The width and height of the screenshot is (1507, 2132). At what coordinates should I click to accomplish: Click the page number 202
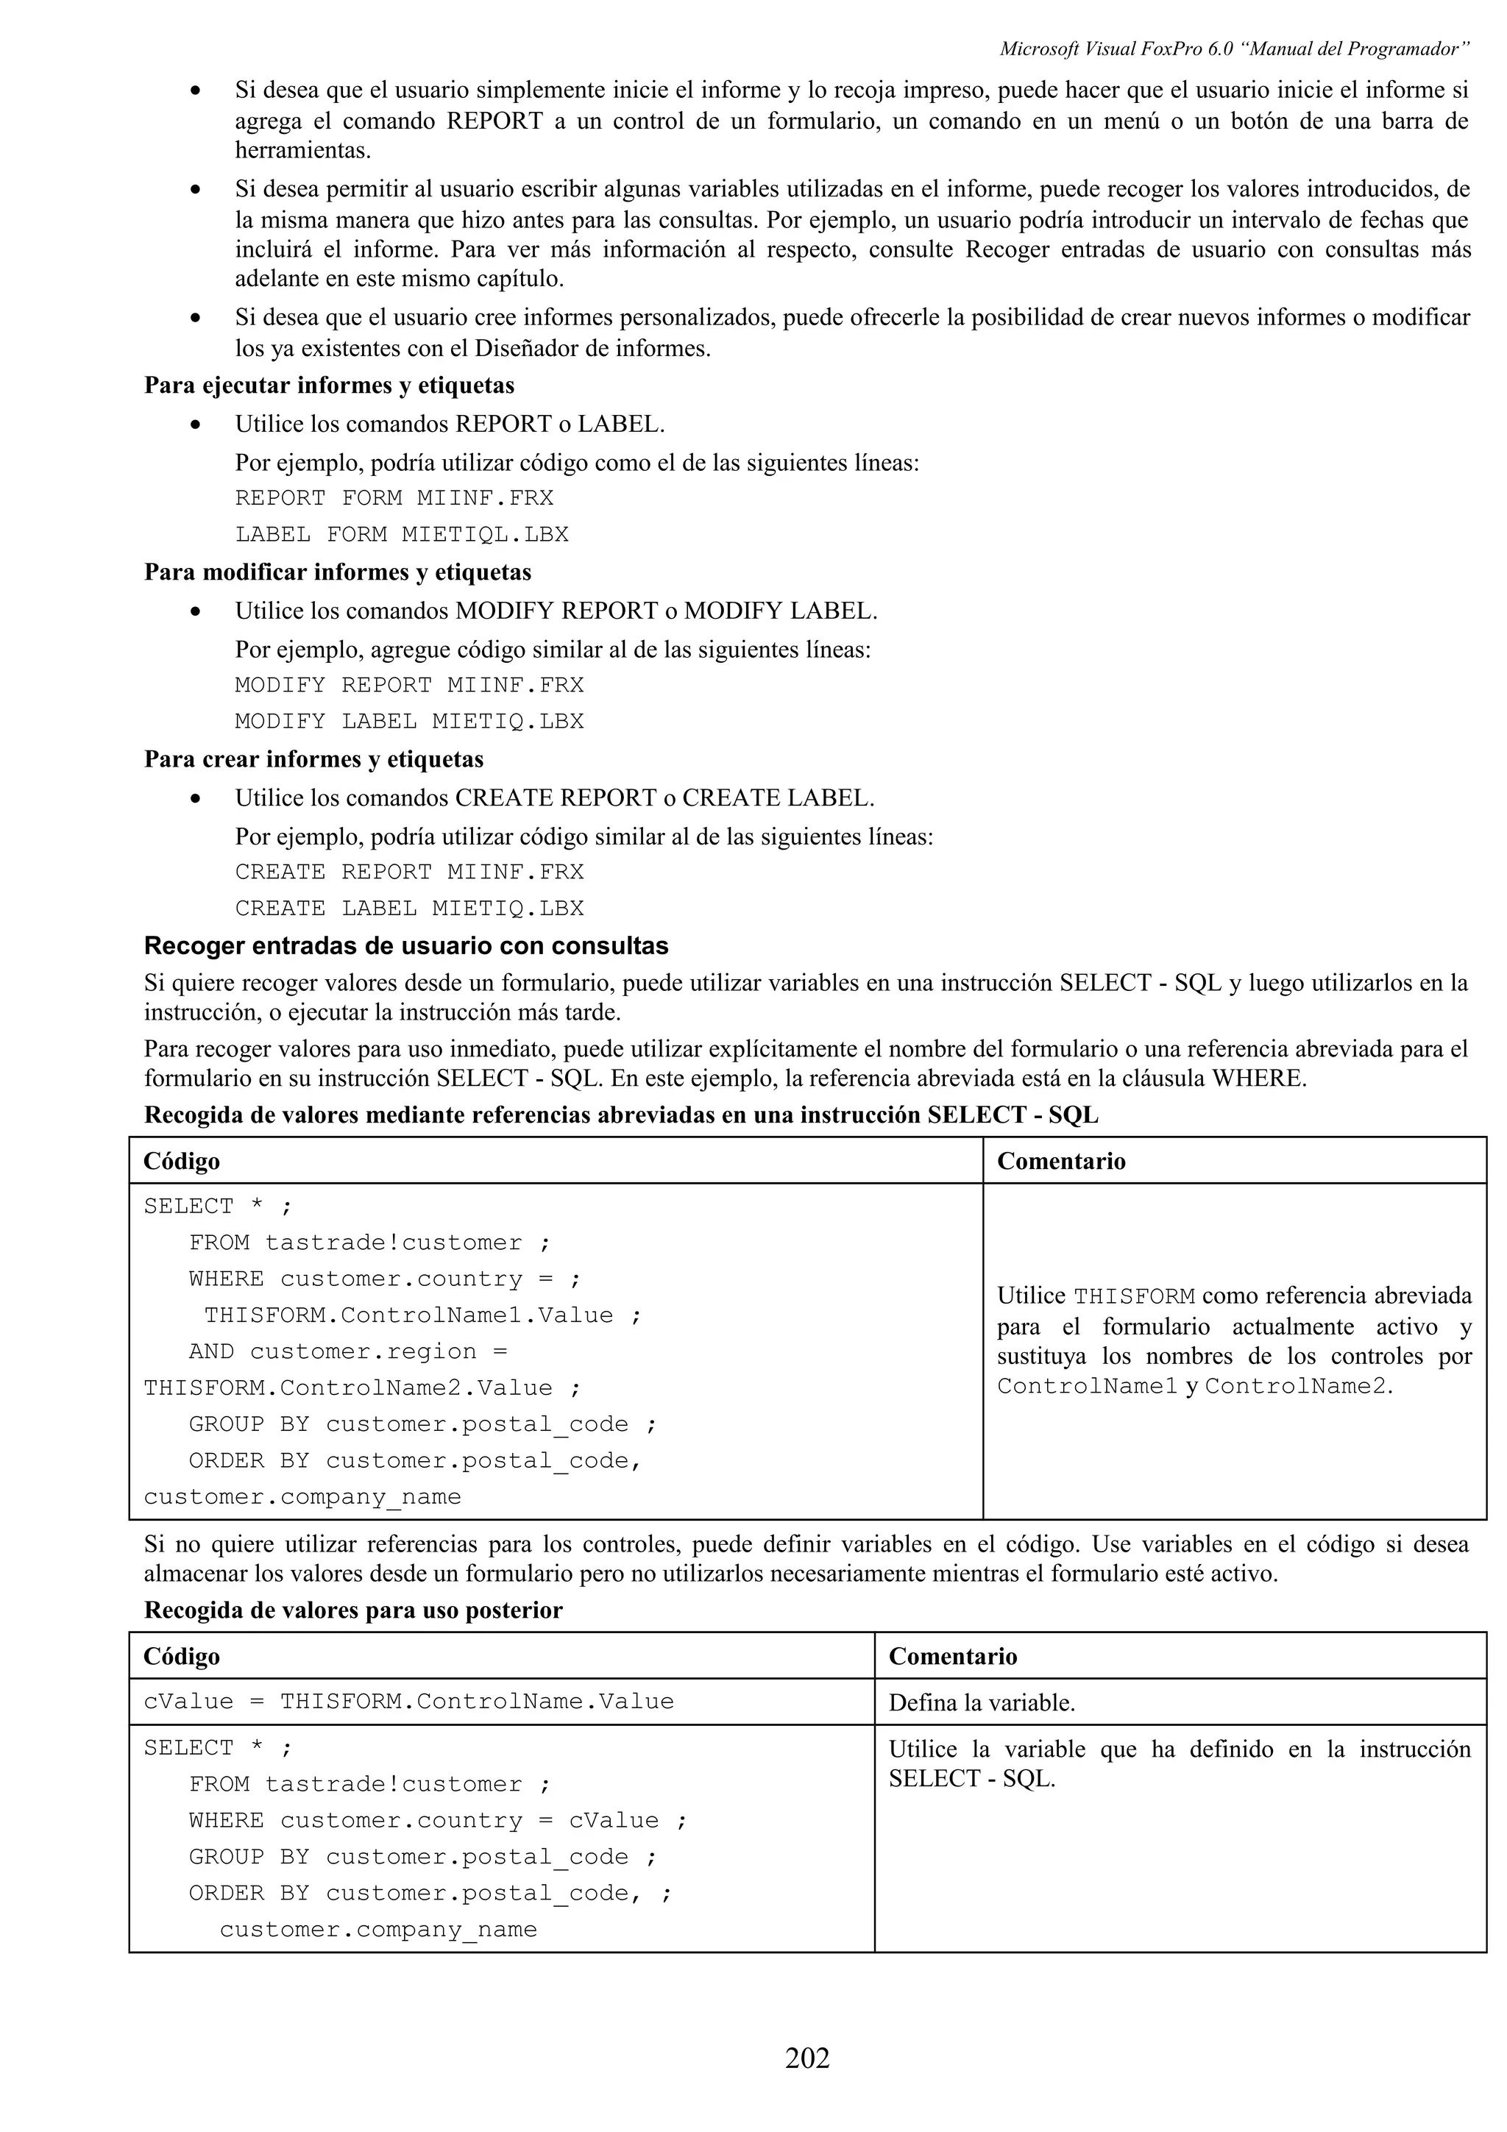point(807,2058)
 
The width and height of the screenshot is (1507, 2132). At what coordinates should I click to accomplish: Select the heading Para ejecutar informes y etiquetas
point(329,385)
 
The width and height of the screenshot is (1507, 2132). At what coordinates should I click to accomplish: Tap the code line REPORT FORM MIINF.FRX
point(394,499)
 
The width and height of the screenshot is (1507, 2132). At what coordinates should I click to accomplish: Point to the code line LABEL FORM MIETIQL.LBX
point(401,535)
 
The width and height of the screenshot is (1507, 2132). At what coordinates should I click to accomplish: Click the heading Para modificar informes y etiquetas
point(337,572)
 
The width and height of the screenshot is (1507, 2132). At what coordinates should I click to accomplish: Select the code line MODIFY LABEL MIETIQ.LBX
point(408,722)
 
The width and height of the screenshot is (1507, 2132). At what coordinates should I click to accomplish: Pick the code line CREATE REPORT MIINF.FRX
point(408,872)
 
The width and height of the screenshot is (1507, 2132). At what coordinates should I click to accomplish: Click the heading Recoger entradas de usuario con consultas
point(405,946)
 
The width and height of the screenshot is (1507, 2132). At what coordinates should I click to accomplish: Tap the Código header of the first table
point(182,1162)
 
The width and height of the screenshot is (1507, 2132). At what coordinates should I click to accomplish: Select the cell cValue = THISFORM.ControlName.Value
point(408,1701)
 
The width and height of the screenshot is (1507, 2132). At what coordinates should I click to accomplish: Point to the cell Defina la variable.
point(982,1703)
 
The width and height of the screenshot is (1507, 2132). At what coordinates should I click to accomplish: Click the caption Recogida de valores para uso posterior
point(353,1610)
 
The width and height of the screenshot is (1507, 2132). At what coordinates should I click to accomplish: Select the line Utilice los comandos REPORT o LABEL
point(450,424)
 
